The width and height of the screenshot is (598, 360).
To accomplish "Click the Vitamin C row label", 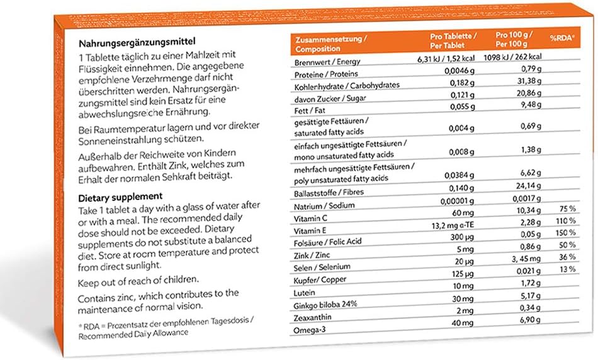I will (312, 217).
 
